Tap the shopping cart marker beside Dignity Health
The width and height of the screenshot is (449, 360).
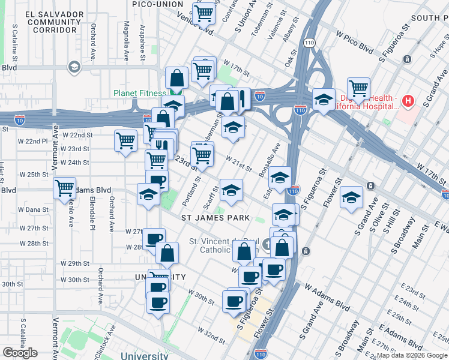point(358,89)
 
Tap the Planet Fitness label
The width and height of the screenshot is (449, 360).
point(139,93)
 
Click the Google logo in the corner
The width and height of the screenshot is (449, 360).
point(20,353)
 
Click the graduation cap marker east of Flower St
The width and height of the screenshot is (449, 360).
point(351,198)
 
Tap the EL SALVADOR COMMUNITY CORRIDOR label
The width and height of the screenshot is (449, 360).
point(54,21)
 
